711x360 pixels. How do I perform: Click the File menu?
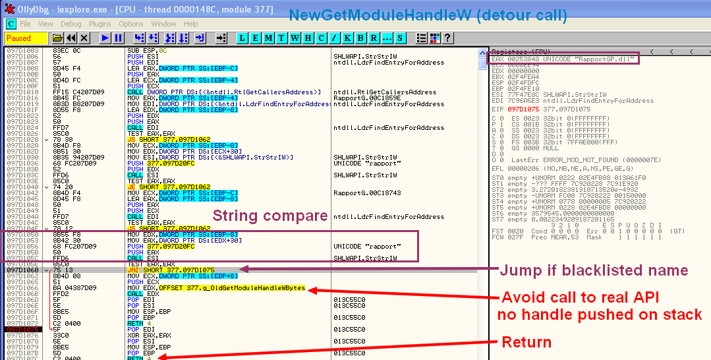pos(25,24)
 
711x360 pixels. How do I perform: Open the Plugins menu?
pos(100,24)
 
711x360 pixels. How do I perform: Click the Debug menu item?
pos(71,24)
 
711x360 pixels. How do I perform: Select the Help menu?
pos(190,24)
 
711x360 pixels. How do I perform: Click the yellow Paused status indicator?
pos(18,38)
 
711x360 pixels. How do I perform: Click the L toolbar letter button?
pos(242,38)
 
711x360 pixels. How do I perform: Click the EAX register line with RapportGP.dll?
pos(563,59)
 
